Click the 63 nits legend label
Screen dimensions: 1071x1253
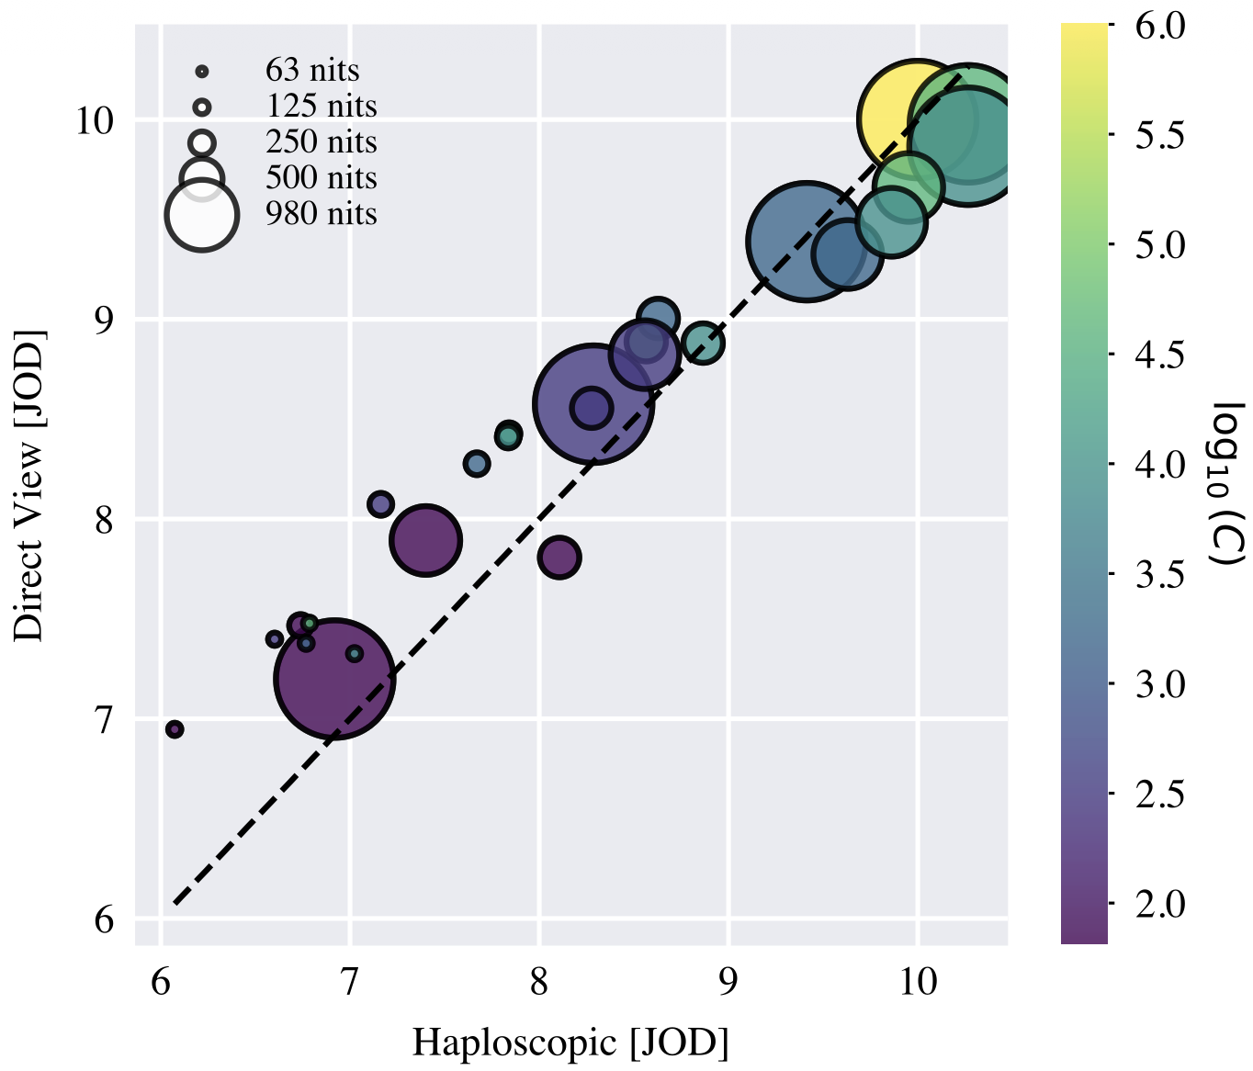pyautogui.click(x=312, y=71)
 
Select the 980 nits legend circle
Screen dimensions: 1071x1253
pyautogui.click(x=202, y=214)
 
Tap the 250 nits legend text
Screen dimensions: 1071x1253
pyautogui.click(x=322, y=142)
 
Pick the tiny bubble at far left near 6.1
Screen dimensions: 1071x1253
pyautogui.click(x=175, y=729)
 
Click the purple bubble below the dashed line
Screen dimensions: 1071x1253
pyautogui.click(x=559, y=557)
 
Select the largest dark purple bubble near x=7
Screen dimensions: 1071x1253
pyautogui.click(x=335, y=679)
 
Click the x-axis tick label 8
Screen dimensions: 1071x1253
pyautogui.click(x=539, y=982)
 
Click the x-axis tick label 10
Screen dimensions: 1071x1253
pyautogui.click(x=917, y=982)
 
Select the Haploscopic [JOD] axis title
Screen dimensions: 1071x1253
pyautogui.click(x=570, y=1043)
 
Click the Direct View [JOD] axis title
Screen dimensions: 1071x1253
pyautogui.click(x=29, y=483)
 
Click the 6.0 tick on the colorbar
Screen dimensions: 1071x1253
pyautogui.click(x=1159, y=26)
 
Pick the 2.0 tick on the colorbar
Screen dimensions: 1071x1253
pyautogui.click(x=1159, y=904)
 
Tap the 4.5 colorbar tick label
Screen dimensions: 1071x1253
pyautogui.click(x=1159, y=355)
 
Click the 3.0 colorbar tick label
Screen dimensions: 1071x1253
pyautogui.click(x=1159, y=684)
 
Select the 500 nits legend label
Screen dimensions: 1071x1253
pyautogui.click(x=322, y=178)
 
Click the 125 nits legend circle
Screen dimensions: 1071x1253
pyautogui.click(x=202, y=107)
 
